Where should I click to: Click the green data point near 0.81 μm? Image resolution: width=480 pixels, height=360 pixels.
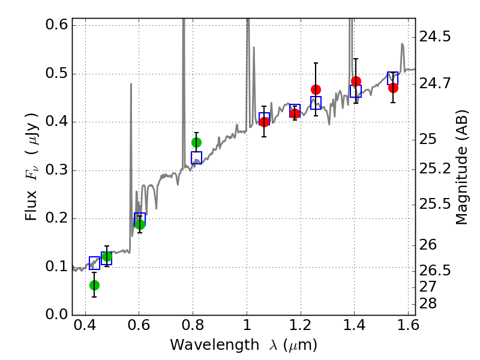tap(196, 142)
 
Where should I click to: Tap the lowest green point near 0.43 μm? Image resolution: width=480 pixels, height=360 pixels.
tap(94, 285)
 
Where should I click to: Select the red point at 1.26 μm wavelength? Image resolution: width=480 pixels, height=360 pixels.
tap(316, 89)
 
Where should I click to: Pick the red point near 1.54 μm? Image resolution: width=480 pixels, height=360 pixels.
tap(393, 88)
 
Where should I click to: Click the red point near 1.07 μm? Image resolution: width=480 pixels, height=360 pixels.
tap(264, 122)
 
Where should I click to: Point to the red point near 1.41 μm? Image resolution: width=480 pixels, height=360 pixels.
tap(356, 81)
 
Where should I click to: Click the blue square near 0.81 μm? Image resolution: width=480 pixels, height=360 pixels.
tap(196, 158)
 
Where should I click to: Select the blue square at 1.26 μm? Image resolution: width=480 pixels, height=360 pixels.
tap(316, 103)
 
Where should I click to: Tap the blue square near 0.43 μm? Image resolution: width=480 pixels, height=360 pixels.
tap(94, 263)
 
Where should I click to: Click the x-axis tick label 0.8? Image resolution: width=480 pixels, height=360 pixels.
tap(193, 328)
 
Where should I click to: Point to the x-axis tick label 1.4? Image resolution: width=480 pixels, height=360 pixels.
tap(354, 328)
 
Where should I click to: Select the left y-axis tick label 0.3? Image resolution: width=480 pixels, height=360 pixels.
tap(55, 170)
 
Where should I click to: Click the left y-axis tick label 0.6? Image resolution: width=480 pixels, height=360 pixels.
tap(55, 26)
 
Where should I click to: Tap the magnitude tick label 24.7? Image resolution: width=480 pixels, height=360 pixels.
tap(436, 83)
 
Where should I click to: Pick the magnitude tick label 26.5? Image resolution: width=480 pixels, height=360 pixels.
tap(436, 271)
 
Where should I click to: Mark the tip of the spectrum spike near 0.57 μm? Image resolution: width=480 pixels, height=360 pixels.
tap(131, 84)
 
